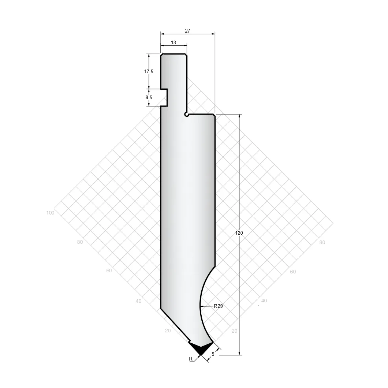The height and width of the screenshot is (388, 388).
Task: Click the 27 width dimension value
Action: pos(187,31)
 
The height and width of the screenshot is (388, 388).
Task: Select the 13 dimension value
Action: pos(174,42)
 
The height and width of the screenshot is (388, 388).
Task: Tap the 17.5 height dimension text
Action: pos(149,71)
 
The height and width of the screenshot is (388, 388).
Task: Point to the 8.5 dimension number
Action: pos(149,97)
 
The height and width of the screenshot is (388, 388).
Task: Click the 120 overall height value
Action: pos(239,233)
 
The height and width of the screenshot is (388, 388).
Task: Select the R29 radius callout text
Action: pos(218,306)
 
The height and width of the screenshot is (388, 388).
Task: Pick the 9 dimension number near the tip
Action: pos(213,354)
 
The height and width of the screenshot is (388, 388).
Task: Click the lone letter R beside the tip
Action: pos(191,359)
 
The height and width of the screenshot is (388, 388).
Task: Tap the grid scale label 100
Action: pos(50,213)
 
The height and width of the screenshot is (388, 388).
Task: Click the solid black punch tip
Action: pos(201,348)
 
